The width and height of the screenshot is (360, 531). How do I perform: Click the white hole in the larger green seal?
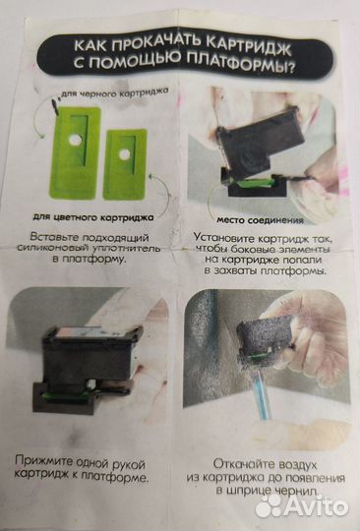75,140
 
